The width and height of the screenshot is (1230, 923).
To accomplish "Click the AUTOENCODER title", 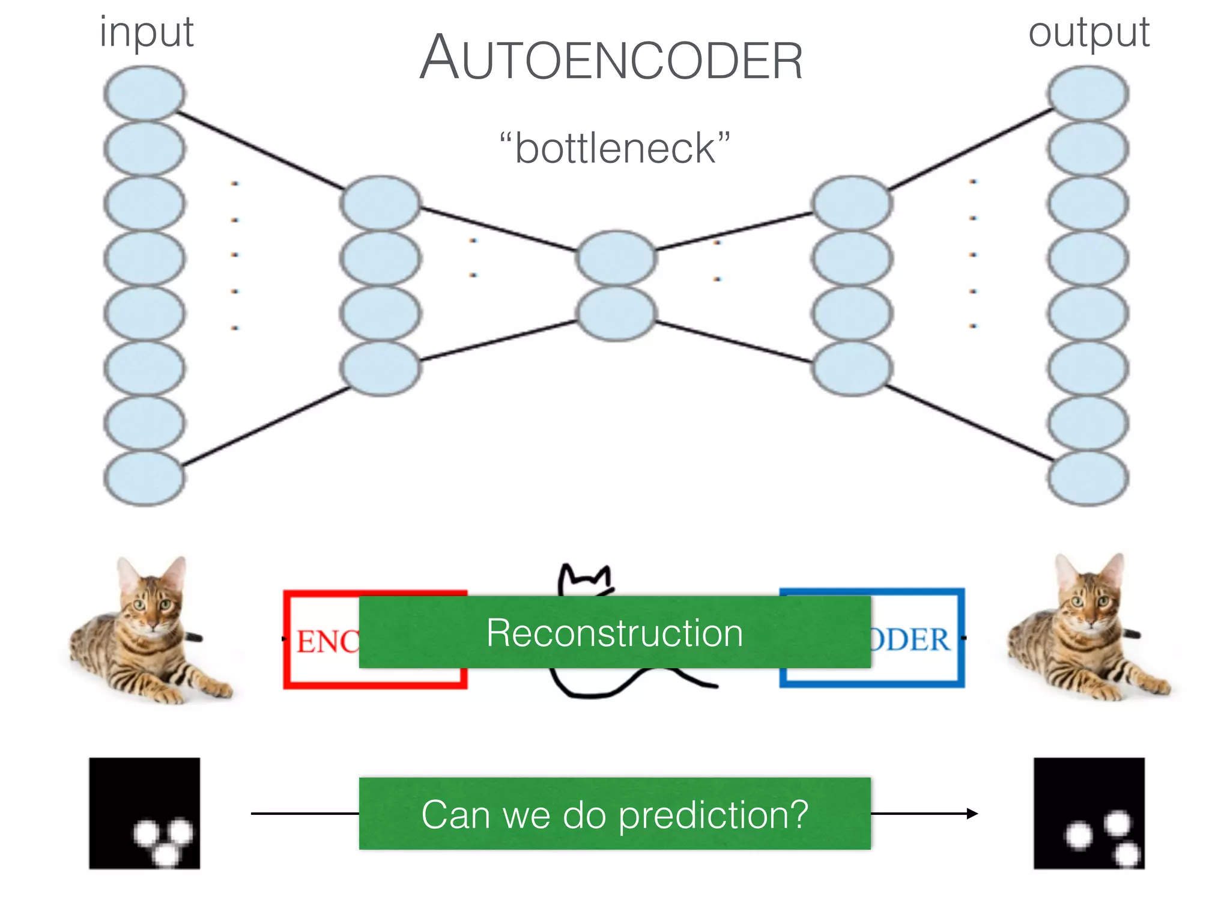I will [611, 59].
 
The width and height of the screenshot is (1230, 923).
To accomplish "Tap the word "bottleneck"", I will [615, 148].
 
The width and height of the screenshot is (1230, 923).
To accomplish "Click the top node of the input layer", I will [144, 93].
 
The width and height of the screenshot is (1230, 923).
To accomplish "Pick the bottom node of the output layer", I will [1088, 478].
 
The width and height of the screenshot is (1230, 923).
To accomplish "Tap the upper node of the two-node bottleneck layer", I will [616, 258].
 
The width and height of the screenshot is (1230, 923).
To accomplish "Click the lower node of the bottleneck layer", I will [616, 313].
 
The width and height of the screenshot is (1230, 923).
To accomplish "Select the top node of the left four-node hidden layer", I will [380, 203].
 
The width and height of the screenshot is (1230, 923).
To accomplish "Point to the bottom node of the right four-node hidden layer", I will [852, 368].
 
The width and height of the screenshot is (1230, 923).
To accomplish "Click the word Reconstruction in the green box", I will [614, 633].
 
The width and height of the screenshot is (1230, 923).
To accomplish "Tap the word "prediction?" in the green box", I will [713, 815].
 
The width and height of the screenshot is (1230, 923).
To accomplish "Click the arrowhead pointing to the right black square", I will [972, 814].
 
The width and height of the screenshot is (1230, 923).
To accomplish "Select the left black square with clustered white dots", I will [145, 813].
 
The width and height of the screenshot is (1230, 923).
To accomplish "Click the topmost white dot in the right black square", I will [1117, 822].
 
